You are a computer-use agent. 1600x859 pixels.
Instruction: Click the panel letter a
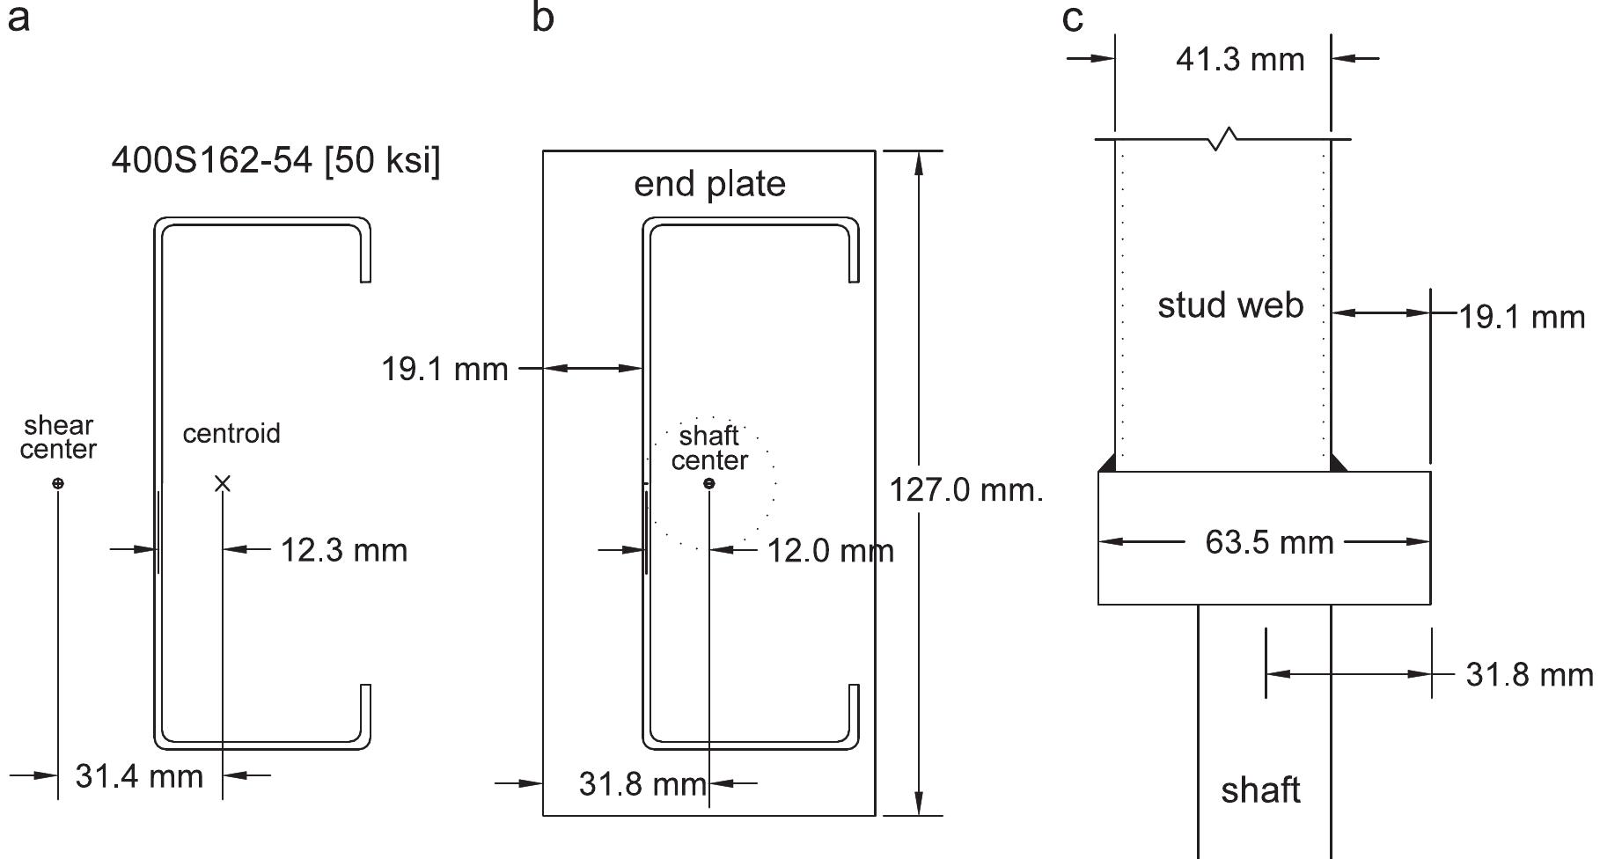[x=18, y=18]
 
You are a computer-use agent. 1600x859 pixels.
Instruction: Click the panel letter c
[x=1072, y=18]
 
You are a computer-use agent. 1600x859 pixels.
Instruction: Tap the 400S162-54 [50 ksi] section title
[x=275, y=161]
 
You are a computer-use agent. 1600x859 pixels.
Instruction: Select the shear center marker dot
[x=58, y=483]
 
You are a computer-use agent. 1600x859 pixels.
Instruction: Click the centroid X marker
[x=223, y=483]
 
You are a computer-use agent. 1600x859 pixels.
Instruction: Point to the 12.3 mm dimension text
[x=344, y=550]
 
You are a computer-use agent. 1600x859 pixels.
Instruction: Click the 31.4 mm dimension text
[x=139, y=776]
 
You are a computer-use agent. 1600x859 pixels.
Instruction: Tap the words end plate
[x=709, y=184]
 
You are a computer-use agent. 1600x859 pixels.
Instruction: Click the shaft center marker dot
[x=709, y=483]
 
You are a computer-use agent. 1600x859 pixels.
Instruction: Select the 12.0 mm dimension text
[x=830, y=551]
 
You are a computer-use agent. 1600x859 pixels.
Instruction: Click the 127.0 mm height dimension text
[x=965, y=489]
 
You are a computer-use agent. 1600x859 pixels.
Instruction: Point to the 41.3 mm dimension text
[x=1240, y=59]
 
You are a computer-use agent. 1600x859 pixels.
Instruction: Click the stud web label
[x=1229, y=305]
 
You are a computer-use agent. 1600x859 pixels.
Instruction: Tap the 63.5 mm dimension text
[x=1269, y=542]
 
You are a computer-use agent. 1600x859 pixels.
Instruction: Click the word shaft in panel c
[x=1260, y=790]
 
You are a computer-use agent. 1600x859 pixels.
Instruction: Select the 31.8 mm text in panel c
[x=1529, y=675]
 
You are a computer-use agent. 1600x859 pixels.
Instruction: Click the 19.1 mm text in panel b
[x=444, y=369]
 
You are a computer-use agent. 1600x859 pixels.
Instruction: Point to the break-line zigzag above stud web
[x=1223, y=138]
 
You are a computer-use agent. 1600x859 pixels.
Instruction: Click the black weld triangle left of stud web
[x=1108, y=464]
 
